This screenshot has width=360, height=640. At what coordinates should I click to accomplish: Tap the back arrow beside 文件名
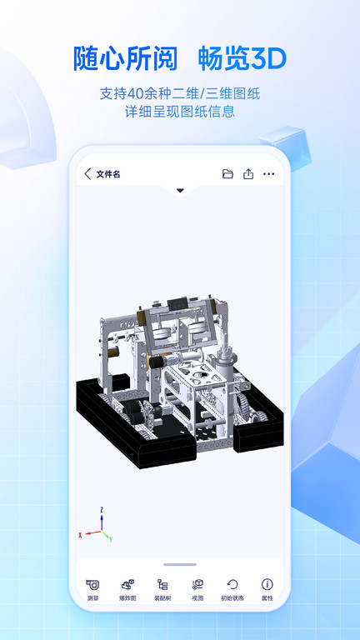coord(88,174)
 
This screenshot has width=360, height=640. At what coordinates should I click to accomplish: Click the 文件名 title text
coord(108,174)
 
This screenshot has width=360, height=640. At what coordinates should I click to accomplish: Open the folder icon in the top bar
coord(227,174)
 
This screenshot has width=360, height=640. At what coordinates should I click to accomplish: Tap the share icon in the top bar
coord(248,174)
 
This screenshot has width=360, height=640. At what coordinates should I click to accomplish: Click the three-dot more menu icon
coord(268,174)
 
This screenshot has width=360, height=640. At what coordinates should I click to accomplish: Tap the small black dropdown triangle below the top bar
coord(180,191)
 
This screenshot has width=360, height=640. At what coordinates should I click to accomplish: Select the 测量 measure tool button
coord(92,588)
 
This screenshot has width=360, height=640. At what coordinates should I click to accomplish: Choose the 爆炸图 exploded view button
coord(127,588)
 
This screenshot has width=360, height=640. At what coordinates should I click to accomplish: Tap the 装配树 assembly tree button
coord(162,588)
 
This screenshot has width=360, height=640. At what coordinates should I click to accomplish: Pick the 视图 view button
coord(197,588)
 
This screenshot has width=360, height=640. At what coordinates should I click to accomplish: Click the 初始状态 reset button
coord(232,588)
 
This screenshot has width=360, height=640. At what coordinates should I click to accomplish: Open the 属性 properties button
coord(267,588)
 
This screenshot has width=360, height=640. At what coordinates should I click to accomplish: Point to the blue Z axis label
coord(101,508)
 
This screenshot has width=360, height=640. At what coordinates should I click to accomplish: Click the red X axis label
coord(80,534)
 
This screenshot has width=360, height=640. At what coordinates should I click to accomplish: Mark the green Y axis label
coord(111,538)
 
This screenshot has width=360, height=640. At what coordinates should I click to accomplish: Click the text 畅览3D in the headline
coord(242,59)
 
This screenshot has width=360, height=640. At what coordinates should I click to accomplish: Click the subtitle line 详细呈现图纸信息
coord(180,112)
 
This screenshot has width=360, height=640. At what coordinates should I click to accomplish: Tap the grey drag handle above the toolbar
coord(180,564)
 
